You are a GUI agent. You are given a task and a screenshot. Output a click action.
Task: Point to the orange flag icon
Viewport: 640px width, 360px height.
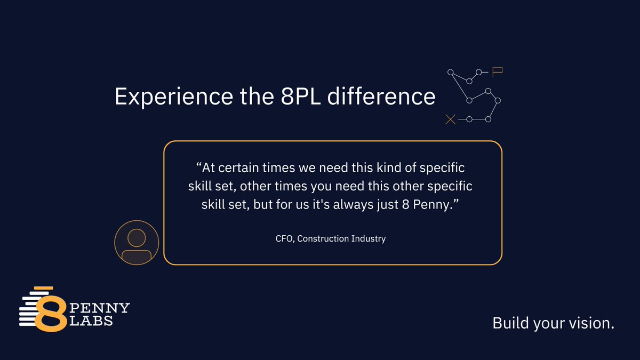tap(498, 71)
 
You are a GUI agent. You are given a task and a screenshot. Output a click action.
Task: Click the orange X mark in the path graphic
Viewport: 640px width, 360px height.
tap(450, 119)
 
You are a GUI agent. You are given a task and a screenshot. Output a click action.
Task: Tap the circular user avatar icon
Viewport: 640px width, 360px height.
tap(137, 243)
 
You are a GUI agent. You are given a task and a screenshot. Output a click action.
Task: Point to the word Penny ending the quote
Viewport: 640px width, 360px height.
tap(442, 205)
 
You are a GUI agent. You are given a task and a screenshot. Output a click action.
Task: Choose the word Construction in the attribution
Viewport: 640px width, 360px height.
tap(322, 238)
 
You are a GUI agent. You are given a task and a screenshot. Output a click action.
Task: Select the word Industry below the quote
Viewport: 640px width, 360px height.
tap(368, 238)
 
